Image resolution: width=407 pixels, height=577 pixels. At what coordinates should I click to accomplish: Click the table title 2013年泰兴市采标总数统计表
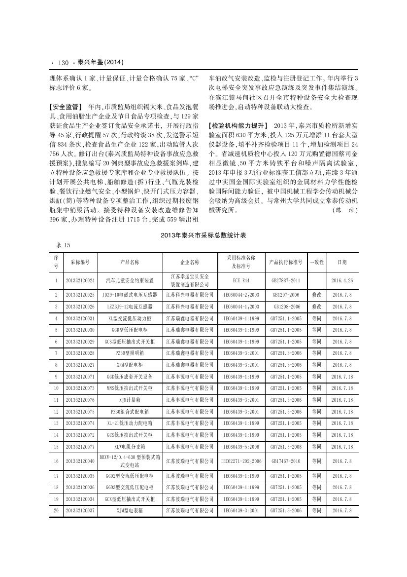coord(203,235)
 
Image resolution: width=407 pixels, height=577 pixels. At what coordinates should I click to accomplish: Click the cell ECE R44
coord(240,280)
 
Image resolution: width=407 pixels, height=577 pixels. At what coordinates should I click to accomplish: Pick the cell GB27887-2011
coord(286,280)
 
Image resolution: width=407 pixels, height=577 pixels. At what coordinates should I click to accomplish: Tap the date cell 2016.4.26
coord(342,280)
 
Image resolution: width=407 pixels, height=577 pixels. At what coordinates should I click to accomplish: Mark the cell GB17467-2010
coord(286,461)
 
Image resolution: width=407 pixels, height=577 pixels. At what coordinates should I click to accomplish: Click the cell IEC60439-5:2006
coord(240,447)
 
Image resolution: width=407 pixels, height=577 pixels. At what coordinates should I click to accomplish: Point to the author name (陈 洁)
coord(344,210)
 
